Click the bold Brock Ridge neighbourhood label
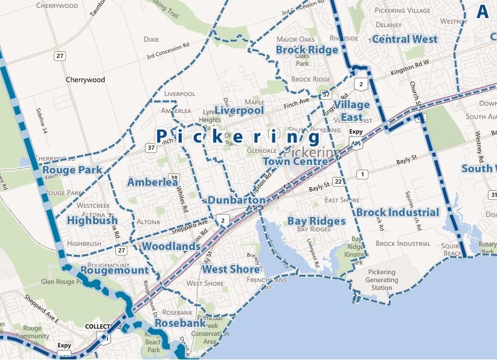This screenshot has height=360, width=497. point(307,50)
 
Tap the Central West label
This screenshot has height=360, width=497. point(405,39)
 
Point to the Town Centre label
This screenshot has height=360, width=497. point(295,162)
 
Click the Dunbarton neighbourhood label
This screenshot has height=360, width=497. point(236,200)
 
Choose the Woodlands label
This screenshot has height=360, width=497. point(171,246)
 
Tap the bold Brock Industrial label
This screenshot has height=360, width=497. point(397,213)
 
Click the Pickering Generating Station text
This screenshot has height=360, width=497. point(382,280)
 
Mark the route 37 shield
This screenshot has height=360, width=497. point(150,147)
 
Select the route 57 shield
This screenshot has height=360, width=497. point(326,95)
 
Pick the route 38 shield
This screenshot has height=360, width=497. point(174,178)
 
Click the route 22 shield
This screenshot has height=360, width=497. point(338,182)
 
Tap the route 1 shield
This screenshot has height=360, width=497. point(362,175)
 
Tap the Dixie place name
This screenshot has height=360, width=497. point(151,39)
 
